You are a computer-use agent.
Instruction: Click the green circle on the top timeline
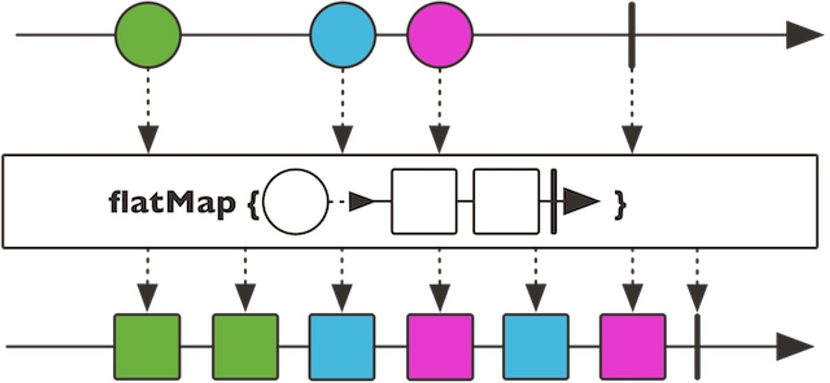pyautogui.click(x=148, y=34)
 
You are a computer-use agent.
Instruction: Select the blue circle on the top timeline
pyautogui.click(x=342, y=34)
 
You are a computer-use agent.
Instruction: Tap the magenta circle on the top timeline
pyautogui.click(x=440, y=34)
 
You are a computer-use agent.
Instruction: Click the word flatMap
pyautogui.click(x=171, y=204)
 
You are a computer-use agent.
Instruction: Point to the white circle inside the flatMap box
pyautogui.click(x=296, y=202)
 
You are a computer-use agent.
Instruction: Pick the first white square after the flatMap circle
pyautogui.click(x=424, y=202)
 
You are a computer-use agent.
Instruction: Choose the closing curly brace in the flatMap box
pyautogui.click(x=621, y=204)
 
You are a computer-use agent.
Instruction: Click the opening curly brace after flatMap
pyautogui.click(x=253, y=204)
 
